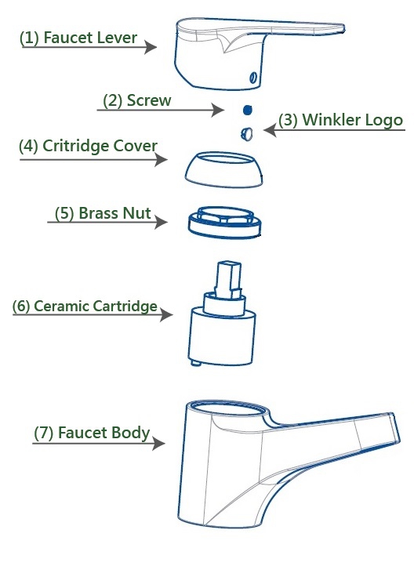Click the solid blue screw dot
click(x=248, y=110)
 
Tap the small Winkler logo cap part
click(x=246, y=133)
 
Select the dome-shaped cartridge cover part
click(x=224, y=169)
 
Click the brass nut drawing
click(x=224, y=223)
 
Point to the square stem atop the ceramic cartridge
click(x=228, y=280)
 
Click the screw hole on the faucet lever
click(x=254, y=78)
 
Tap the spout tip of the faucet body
click(x=395, y=429)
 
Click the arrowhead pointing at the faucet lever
click(x=151, y=47)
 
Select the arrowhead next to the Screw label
click(x=218, y=110)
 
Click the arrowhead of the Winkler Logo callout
click(x=271, y=130)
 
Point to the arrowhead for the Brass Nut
click(x=161, y=222)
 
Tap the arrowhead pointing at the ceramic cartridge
click(x=166, y=315)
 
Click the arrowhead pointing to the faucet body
click(x=159, y=443)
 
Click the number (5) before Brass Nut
click(x=64, y=213)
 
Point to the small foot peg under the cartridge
click(x=195, y=363)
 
